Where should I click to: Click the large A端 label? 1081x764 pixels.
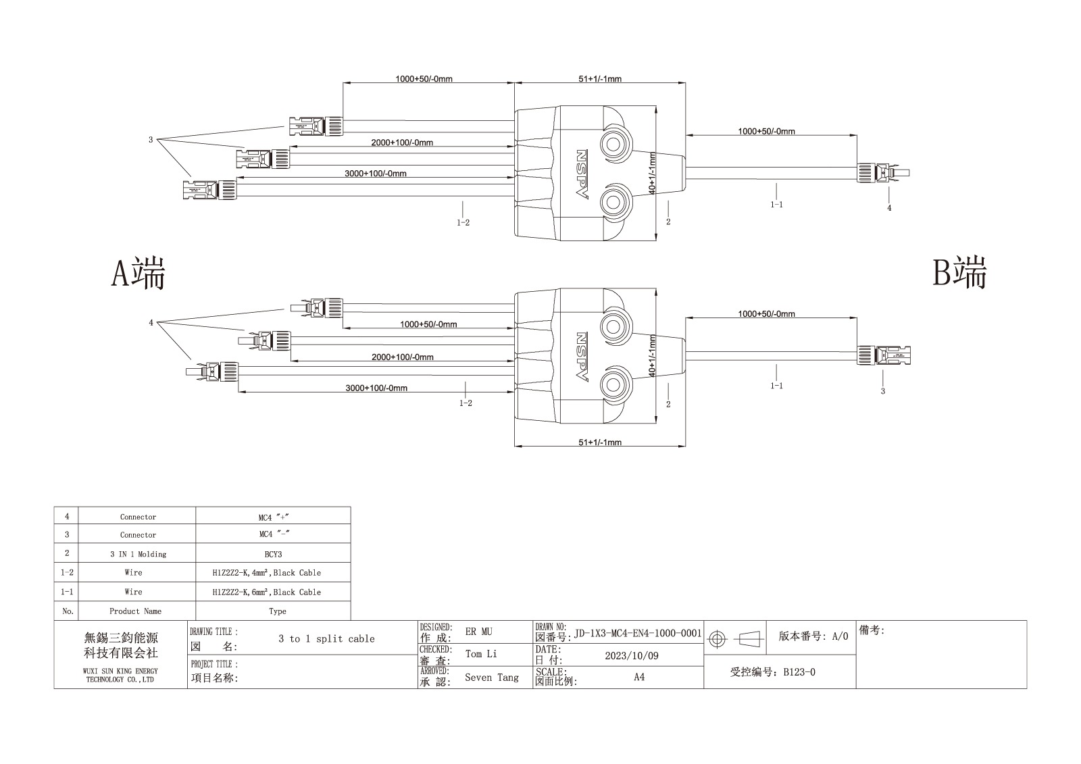pos(138,273)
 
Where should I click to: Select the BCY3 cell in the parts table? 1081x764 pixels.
pos(273,554)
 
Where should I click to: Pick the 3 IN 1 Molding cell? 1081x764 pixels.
pos(138,554)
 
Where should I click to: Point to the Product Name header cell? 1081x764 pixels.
pos(136,611)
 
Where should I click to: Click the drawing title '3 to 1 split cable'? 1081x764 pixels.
pos(327,638)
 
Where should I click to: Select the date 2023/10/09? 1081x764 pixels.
pos(632,655)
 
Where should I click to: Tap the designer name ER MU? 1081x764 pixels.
pos(479,632)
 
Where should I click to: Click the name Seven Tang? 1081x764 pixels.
pos(492,678)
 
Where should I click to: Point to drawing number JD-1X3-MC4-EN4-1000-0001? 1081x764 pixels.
pos(638,633)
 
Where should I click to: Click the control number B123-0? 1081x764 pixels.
pos(799,672)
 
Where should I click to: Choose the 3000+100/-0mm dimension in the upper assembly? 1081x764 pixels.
pos(376,173)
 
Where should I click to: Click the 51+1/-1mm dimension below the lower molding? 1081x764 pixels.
pos(600,442)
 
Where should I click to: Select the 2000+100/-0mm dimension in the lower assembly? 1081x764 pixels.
pos(403,357)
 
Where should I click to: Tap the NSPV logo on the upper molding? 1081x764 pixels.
pos(582,174)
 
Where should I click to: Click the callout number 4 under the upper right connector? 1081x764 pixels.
pos(889,208)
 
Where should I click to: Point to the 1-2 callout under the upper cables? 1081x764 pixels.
pos(463,222)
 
